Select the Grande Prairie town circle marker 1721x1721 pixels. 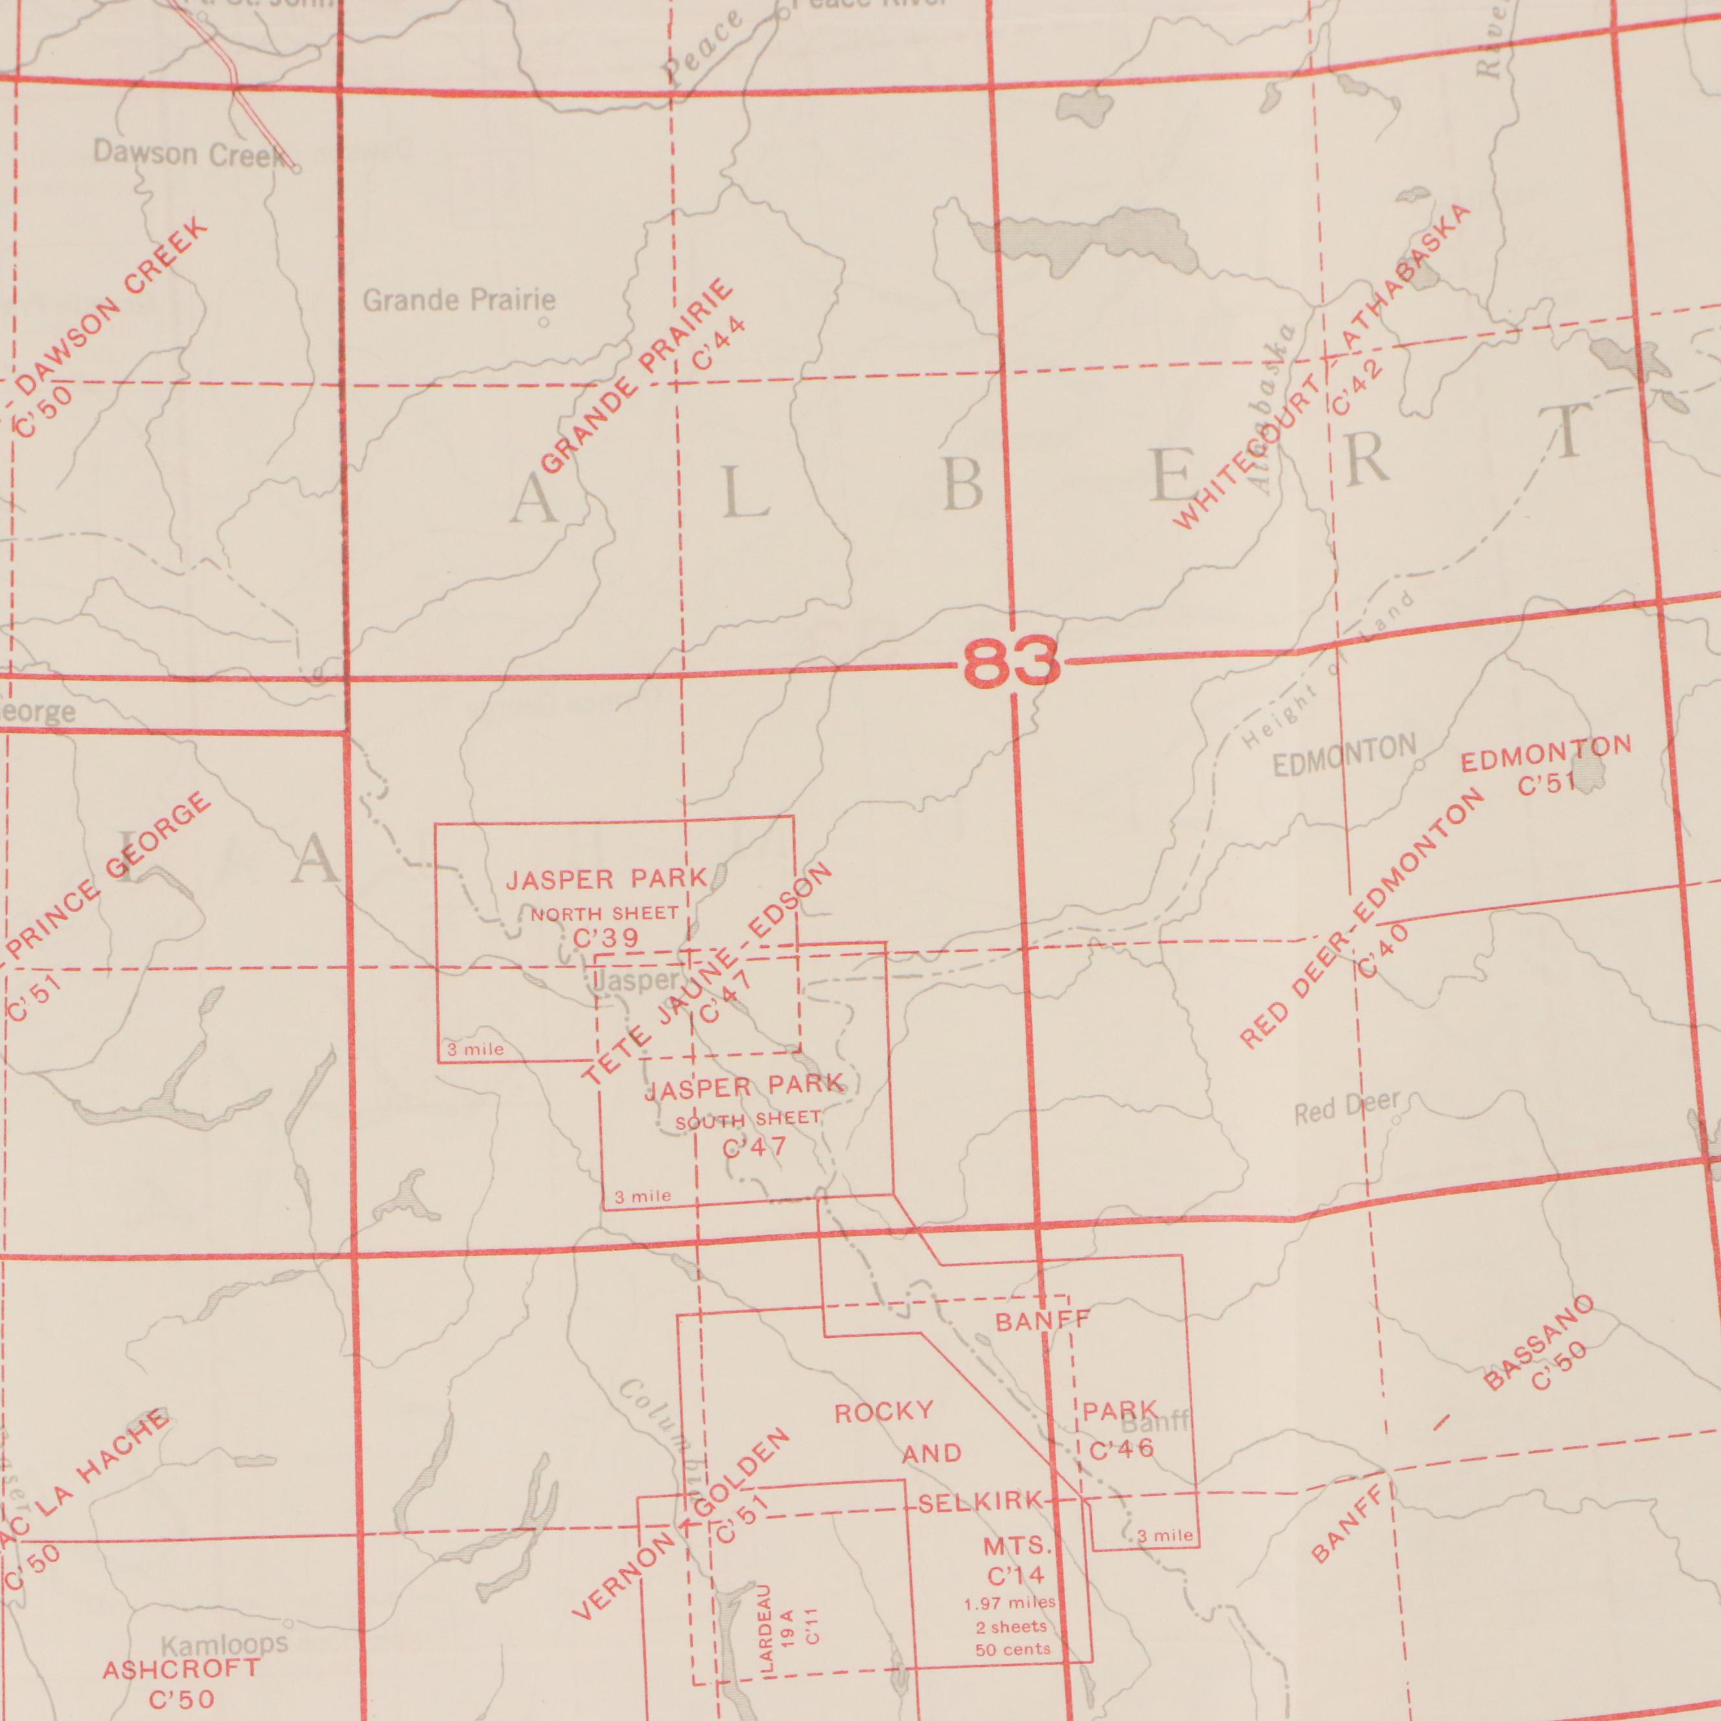(544, 323)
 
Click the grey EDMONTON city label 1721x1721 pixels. (1344, 757)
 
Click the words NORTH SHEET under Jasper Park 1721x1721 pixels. (604, 914)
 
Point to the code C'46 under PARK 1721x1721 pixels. (1122, 1450)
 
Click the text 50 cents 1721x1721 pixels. (1013, 1650)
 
